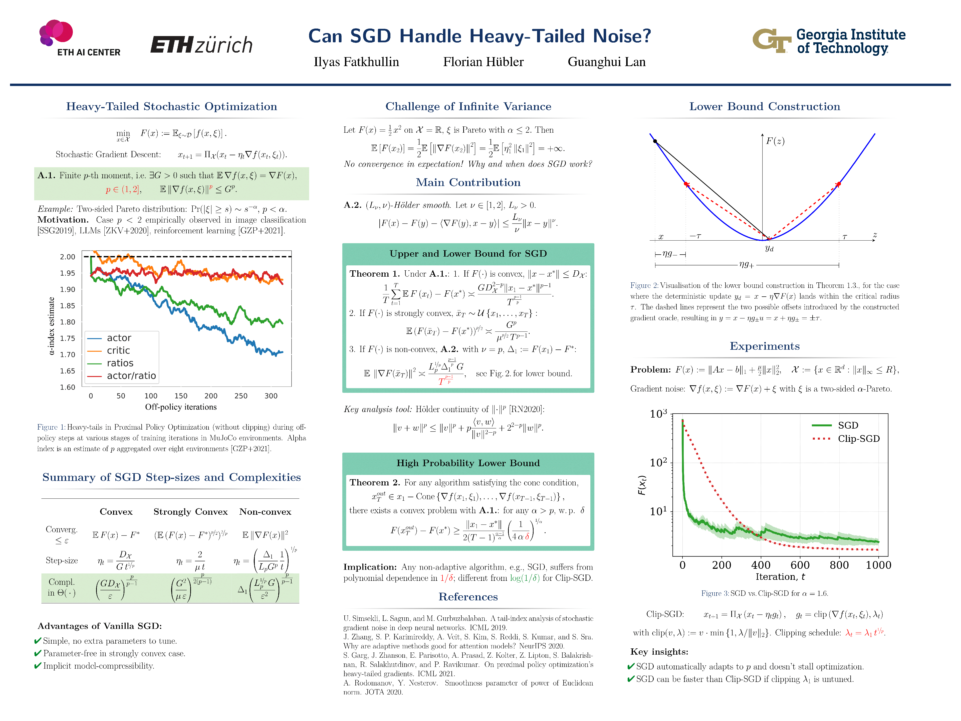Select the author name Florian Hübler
[483, 62]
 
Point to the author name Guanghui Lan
[606, 62]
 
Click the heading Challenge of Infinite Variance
[468, 106]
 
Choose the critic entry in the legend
[118, 350]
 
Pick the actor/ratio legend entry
[131, 376]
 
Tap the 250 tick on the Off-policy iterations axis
[241, 396]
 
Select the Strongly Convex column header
[190, 511]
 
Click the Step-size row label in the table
[62, 560]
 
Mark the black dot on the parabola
[655, 141]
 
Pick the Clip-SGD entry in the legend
[858, 439]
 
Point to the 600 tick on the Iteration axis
[800, 565]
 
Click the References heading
[468, 597]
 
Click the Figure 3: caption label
[715, 593]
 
